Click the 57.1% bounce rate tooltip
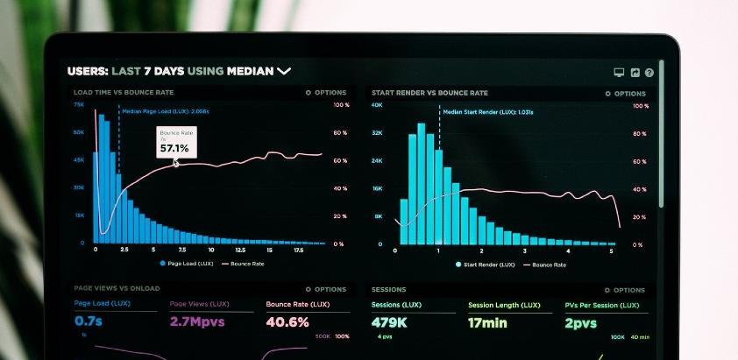click(176, 142)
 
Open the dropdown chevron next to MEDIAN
click(284, 71)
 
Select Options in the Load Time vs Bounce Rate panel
click(326, 92)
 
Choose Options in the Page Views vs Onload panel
click(326, 289)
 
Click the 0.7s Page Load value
click(88, 321)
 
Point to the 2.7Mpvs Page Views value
click(198, 321)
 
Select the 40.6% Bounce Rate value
click(287, 321)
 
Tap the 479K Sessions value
click(390, 322)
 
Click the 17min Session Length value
click(488, 322)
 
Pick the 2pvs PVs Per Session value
click(580, 322)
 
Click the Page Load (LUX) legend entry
click(187, 263)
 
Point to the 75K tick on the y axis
click(79, 105)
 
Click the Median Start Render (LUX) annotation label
click(487, 112)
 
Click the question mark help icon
click(649, 73)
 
